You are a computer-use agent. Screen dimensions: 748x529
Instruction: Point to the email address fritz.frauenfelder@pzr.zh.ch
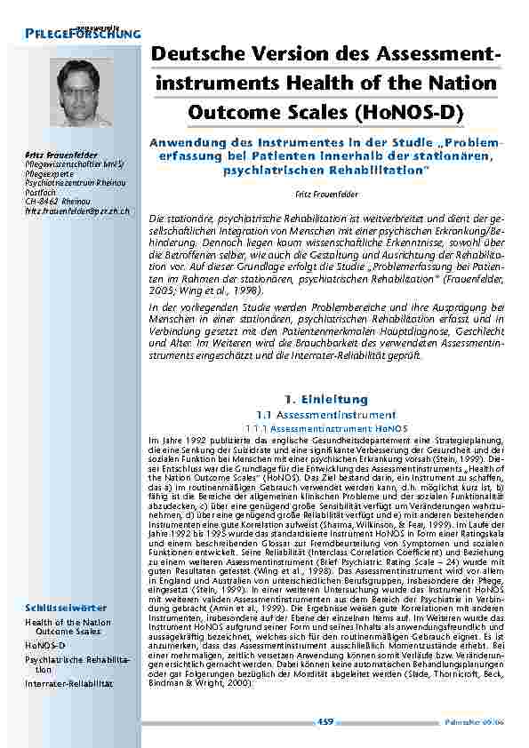click(77, 211)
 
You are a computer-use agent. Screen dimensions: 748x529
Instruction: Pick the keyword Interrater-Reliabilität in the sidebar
click(68, 683)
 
